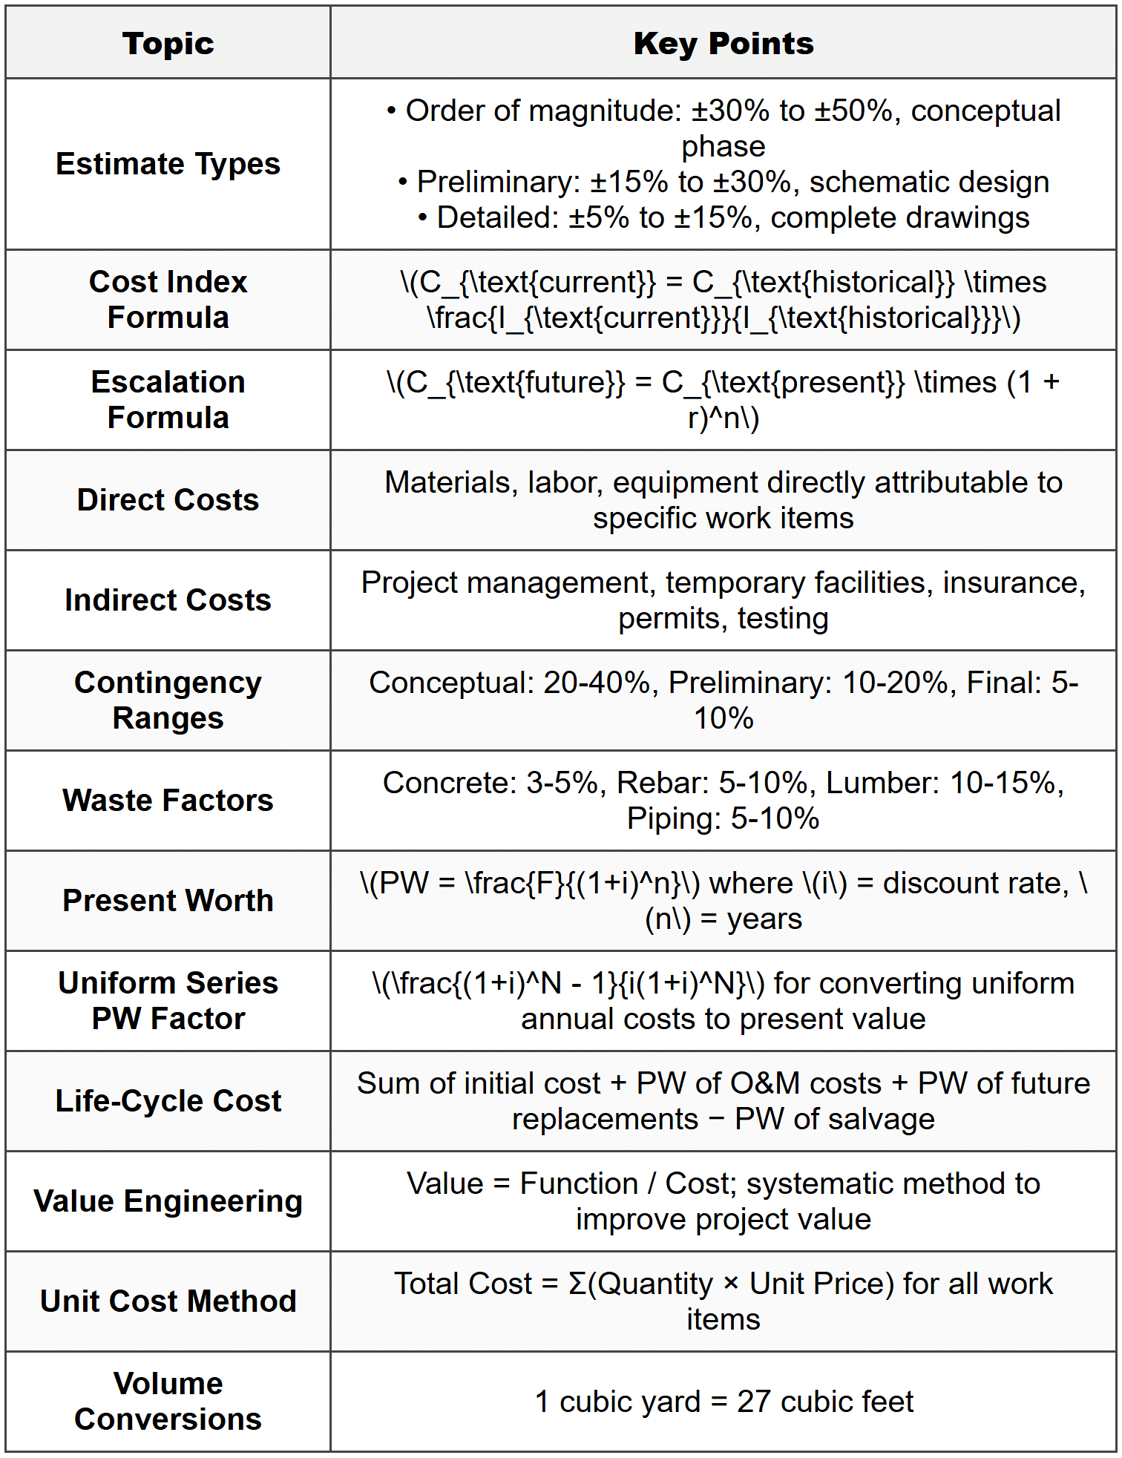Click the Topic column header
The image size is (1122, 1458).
click(168, 44)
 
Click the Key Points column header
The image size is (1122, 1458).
click(724, 44)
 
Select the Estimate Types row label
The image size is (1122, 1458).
click(168, 164)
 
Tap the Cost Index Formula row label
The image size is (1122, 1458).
click(168, 300)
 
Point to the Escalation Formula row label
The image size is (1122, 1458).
click(168, 400)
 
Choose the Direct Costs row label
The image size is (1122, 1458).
click(168, 500)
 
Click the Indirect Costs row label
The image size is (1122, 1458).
click(168, 600)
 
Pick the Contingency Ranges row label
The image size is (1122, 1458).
click(168, 700)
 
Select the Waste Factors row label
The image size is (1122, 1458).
click(168, 801)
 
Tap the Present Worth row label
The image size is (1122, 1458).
click(168, 901)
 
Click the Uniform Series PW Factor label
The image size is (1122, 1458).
click(168, 1001)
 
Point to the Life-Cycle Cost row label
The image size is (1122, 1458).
click(168, 1101)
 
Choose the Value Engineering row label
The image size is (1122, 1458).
click(168, 1201)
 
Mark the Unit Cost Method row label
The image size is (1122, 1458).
click(168, 1301)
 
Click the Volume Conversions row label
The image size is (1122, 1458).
click(168, 1402)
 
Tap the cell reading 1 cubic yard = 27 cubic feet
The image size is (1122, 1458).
click(724, 1402)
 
